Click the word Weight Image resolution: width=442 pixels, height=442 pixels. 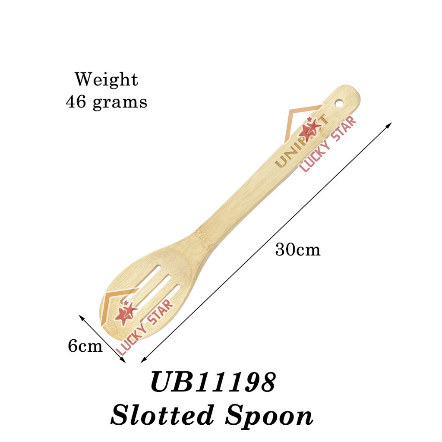click(x=106, y=80)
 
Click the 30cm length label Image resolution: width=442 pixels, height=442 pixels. click(x=298, y=250)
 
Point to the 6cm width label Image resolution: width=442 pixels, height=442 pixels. click(x=85, y=346)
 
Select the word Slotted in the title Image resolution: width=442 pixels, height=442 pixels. click(x=163, y=416)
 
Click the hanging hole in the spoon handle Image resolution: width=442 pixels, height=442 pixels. click(x=340, y=104)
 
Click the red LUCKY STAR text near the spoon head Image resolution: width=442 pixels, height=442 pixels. click(x=144, y=327)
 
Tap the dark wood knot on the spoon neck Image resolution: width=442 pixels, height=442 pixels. click(x=202, y=236)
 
